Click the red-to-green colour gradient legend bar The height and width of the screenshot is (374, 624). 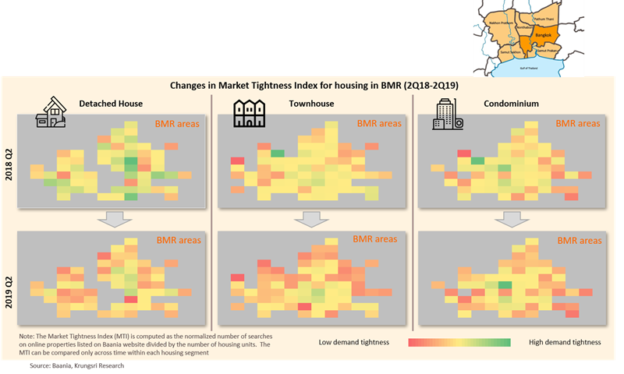(x=459, y=342)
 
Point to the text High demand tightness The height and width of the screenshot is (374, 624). (x=564, y=342)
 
